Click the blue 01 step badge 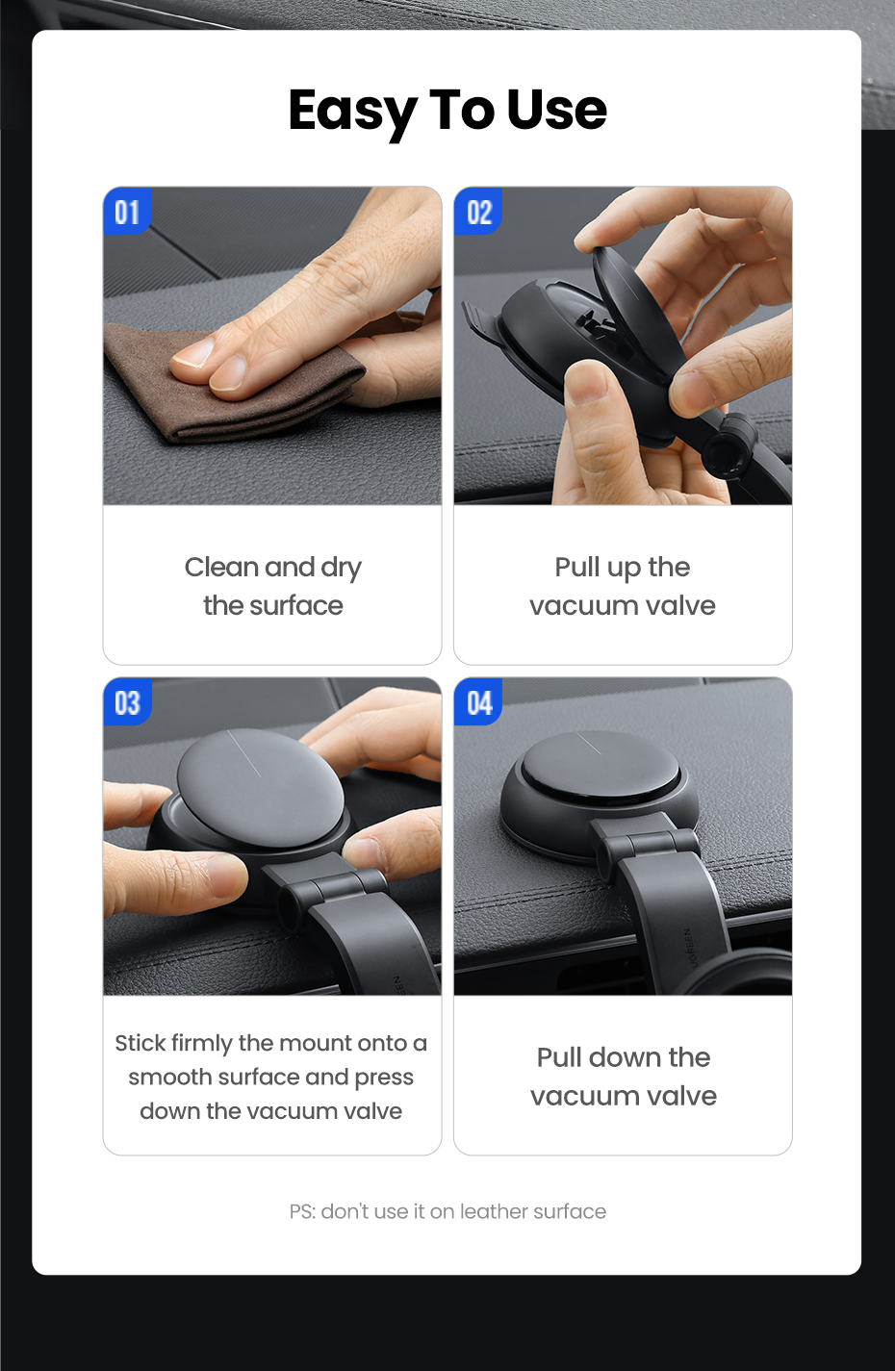[127, 211]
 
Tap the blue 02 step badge [478, 211]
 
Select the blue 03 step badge [127, 701]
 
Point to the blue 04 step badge [478, 701]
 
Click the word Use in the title [556, 110]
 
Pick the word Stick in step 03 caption [141, 1043]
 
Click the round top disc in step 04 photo [600, 763]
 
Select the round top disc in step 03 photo [260, 787]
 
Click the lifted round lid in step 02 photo [637, 309]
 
